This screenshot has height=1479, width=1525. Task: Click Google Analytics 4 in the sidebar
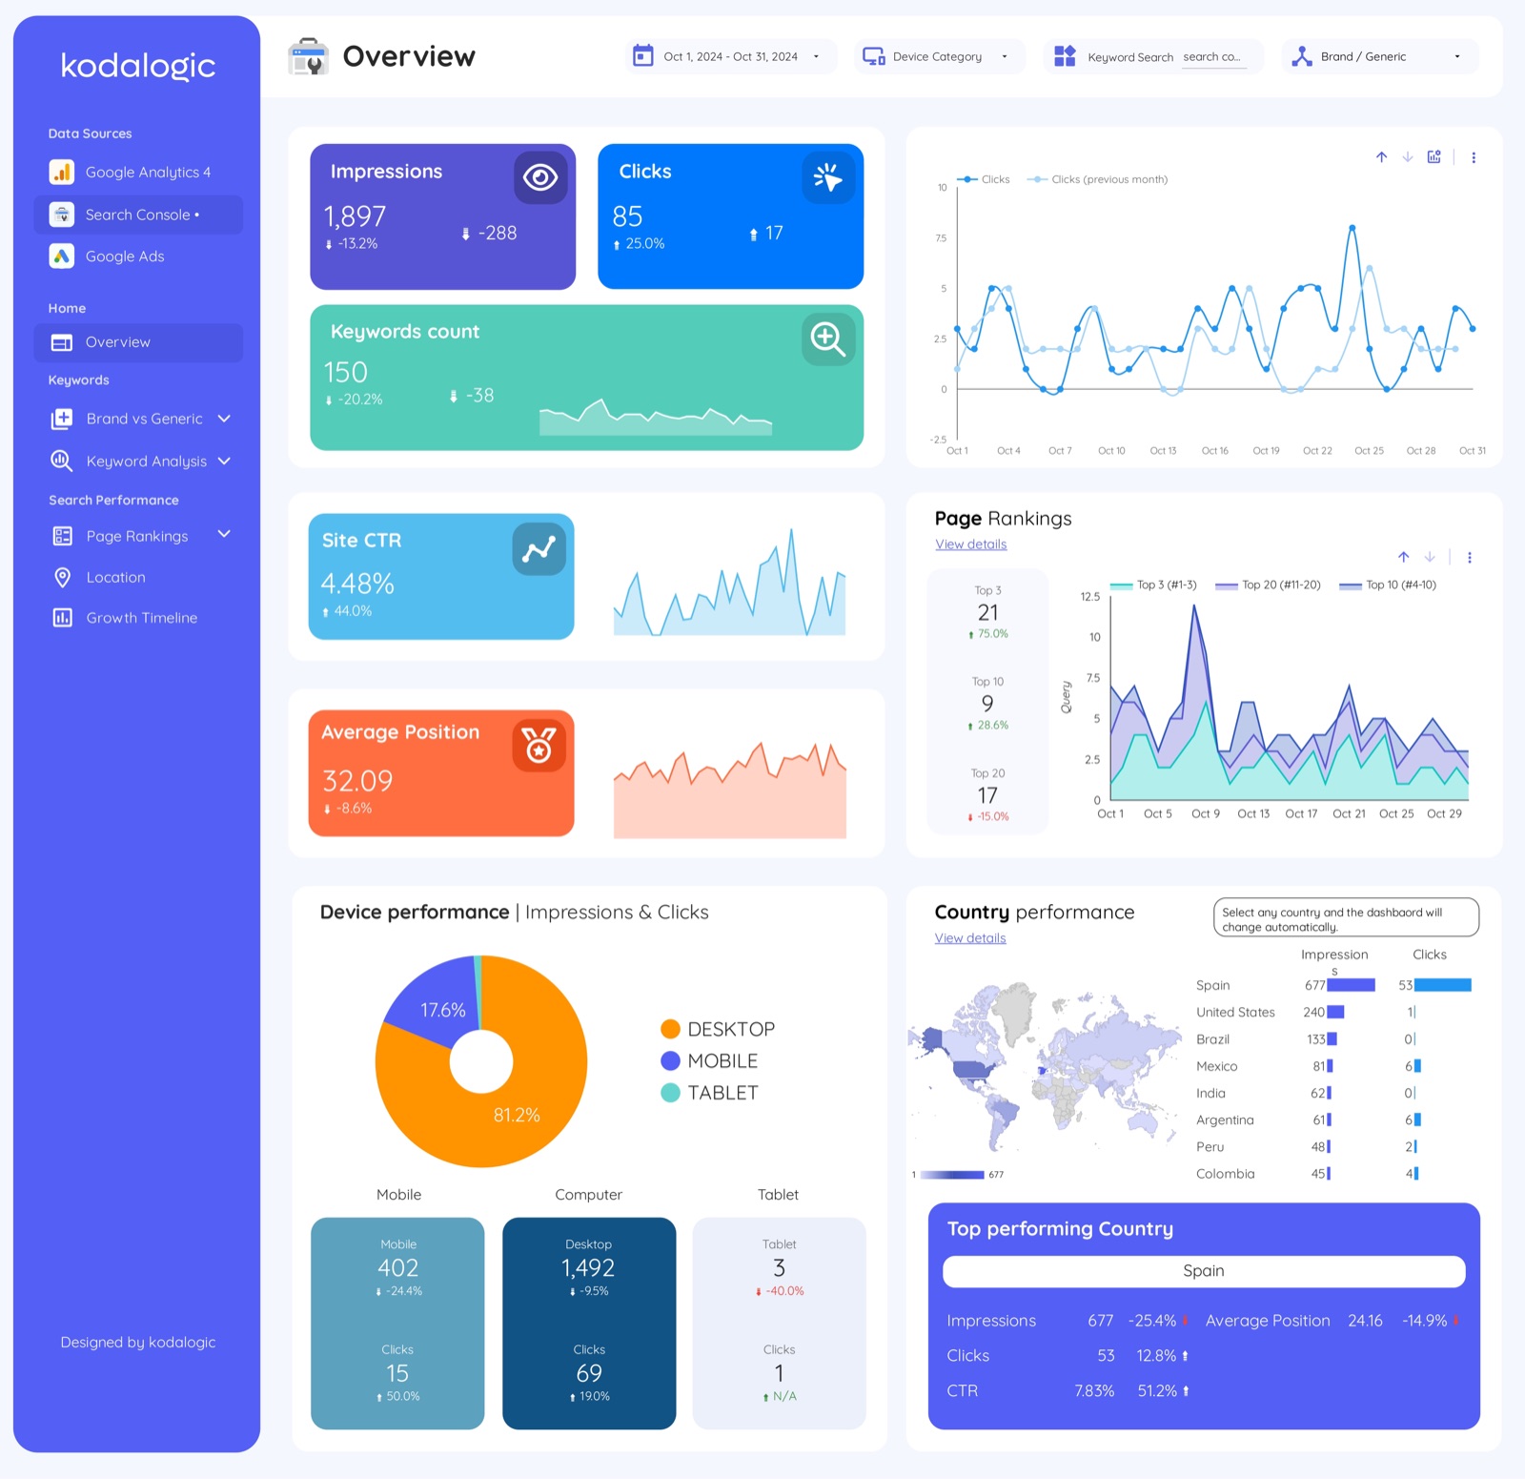(147, 173)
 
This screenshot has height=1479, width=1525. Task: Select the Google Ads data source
(124, 257)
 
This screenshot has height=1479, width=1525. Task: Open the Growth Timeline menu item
(141, 618)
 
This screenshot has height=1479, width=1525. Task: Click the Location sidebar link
(115, 577)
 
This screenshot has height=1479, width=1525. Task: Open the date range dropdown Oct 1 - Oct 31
(730, 57)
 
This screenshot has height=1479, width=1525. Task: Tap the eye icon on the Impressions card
(540, 177)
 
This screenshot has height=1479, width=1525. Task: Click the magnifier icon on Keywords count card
(827, 339)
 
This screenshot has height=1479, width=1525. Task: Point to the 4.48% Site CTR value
(357, 584)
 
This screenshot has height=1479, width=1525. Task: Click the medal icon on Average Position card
(539, 745)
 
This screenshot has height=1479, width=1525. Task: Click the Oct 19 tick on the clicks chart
(1266, 451)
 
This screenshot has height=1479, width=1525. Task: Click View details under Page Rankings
(970, 544)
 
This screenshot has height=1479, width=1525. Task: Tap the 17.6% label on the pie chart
(443, 1010)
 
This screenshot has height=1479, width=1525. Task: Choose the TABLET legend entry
(722, 1093)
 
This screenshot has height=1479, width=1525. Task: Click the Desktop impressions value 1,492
(588, 1268)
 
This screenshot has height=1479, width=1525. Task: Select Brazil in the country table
(1212, 1039)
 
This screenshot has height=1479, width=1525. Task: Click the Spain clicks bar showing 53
(1442, 985)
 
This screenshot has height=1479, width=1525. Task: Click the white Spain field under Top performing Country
(1203, 1271)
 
